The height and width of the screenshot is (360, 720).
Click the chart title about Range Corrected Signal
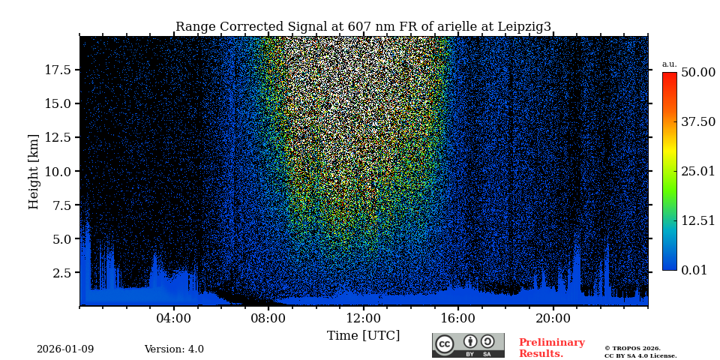coord(363,27)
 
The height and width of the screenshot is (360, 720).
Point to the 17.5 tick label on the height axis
coord(58,70)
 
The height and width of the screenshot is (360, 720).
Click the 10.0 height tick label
coord(58,171)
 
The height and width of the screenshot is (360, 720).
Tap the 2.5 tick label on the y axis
coord(61,273)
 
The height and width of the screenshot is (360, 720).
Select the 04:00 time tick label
coord(174,318)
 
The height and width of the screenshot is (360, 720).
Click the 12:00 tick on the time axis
coord(363,318)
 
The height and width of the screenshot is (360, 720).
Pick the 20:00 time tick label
coord(553,318)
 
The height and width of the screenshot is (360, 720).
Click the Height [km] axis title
coord(34,171)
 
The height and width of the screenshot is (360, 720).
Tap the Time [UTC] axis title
coord(363,335)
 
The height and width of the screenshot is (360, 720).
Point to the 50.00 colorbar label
coord(697,73)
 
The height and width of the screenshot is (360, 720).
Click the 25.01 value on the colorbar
coord(697,171)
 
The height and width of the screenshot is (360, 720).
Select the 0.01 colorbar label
coord(694,270)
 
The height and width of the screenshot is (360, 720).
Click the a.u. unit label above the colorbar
coord(669,64)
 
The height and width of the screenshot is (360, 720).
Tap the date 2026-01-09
coord(65,349)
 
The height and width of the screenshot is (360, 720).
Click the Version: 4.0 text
coord(174,349)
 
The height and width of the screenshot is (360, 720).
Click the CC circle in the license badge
coord(445,344)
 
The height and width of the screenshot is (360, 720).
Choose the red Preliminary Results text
coord(551,348)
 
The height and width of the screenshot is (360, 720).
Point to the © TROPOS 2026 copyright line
coord(632,348)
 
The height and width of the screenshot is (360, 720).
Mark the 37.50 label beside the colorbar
coord(697,122)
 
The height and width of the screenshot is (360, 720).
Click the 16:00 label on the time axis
coord(458,318)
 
